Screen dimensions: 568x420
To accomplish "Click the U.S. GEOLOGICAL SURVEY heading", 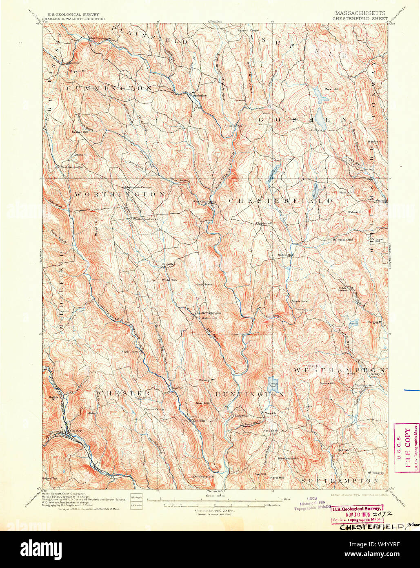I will pos(73,14).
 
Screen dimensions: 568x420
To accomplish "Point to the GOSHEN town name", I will pos(302,120).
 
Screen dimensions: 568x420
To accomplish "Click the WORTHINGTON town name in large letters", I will pos(119,194).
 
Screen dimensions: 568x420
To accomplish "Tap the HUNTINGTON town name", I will pos(250,394).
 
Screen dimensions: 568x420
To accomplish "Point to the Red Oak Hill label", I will pos(346,450).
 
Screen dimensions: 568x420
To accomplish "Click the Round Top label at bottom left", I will pos(48,478).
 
